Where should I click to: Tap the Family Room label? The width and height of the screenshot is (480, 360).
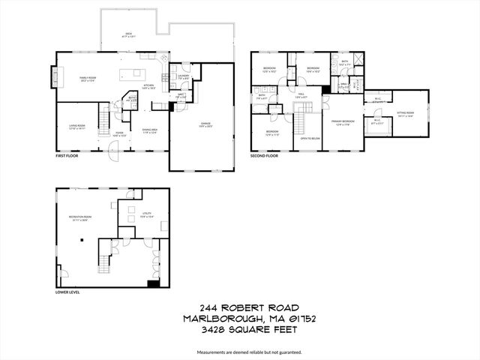[x=90, y=77]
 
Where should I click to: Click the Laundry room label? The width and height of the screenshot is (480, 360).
[x=183, y=76]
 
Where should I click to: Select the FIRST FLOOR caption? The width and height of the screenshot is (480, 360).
[x=67, y=157]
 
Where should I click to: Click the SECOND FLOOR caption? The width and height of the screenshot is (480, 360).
[x=264, y=156]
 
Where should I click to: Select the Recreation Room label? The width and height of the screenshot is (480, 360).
[x=79, y=219]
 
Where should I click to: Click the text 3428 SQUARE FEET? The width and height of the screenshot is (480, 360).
[x=239, y=328]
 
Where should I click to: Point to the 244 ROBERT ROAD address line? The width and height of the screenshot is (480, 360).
[x=239, y=307]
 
